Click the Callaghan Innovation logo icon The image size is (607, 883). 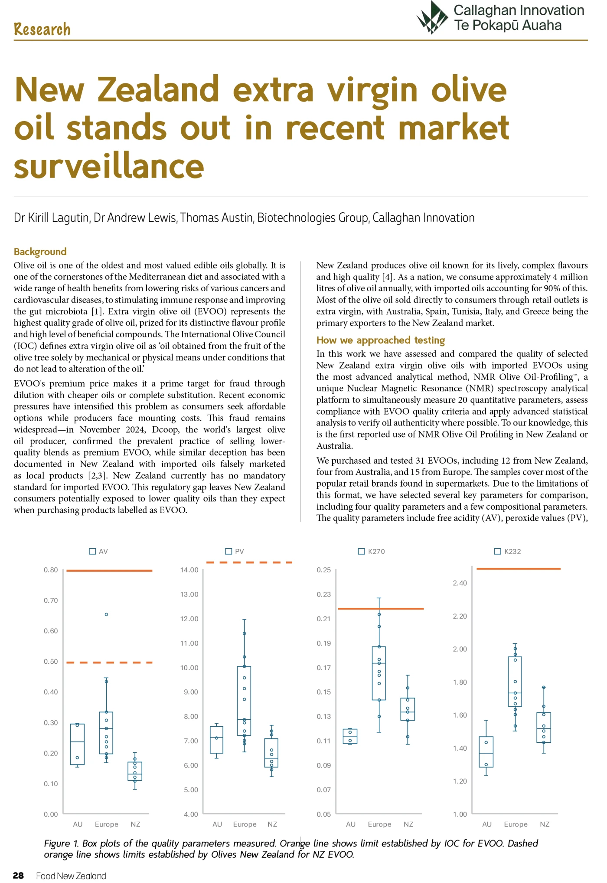tap(432, 18)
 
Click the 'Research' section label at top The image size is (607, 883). tap(42, 30)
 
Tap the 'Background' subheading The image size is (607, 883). tap(40, 252)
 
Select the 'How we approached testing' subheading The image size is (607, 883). tap(380, 340)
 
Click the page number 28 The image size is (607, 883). tap(18, 875)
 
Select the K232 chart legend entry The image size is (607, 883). tap(508, 551)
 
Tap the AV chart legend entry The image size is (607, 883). tap(98, 551)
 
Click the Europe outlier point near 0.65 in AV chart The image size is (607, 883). tap(106, 614)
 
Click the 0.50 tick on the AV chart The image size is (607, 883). tap(51, 662)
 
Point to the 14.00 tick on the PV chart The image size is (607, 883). tap(189, 570)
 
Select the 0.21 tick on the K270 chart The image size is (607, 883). tap(323, 619)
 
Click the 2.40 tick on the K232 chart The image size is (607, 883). tap(460, 583)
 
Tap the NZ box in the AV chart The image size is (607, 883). tap(135, 771)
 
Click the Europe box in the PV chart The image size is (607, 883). tap(244, 701)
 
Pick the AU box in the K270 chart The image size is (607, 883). tap(350, 736)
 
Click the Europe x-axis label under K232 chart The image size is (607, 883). tap(516, 824)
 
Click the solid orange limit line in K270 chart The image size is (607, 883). tap(381, 609)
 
